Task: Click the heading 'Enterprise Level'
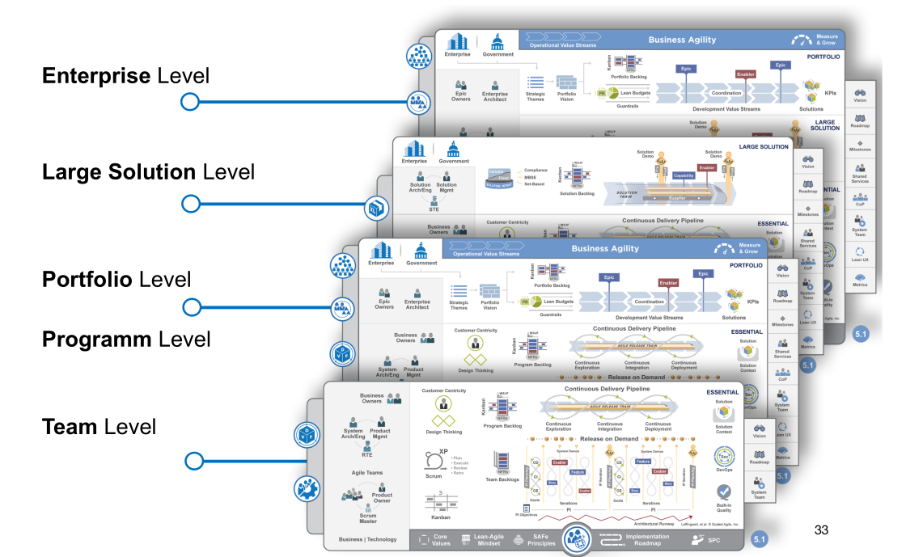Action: point(125,76)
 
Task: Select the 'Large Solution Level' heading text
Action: point(148,172)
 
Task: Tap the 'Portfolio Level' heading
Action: point(116,280)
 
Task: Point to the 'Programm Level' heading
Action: point(126,339)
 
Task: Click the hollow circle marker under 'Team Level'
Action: point(193,461)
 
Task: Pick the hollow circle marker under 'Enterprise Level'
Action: point(189,102)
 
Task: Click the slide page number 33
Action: point(821,530)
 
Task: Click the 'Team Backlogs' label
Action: point(503,480)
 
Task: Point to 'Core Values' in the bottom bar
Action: point(441,539)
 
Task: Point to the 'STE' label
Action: point(434,209)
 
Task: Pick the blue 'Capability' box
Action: point(684,175)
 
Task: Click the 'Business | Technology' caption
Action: point(367,539)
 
